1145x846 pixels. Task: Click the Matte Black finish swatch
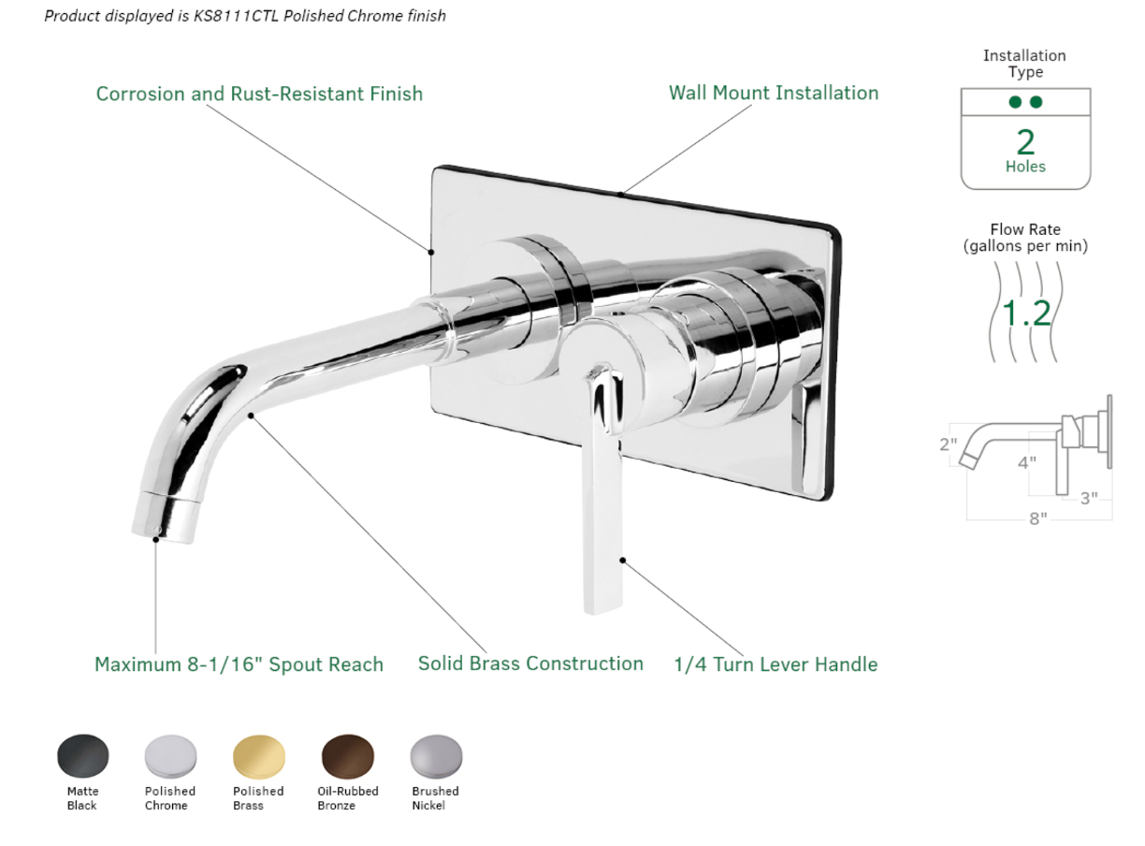click(82, 755)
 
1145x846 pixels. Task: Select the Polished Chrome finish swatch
click(170, 755)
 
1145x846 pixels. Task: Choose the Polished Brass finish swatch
click(258, 755)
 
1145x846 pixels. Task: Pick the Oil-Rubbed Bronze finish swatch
click(347, 755)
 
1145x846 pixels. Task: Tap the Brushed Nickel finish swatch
click(436, 755)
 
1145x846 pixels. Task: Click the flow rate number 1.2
click(1025, 313)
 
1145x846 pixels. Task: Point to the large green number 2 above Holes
click(1025, 142)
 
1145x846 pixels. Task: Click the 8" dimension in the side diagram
click(1037, 518)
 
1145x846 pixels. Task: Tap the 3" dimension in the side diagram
click(1089, 499)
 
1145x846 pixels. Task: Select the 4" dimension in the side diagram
click(1027, 462)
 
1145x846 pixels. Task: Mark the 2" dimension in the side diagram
click(948, 445)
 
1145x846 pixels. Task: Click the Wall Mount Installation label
click(774, 93)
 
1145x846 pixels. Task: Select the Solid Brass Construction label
click(530, 664)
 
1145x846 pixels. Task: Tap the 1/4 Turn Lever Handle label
click(775, 664)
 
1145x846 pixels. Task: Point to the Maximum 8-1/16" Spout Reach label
click(239, 664)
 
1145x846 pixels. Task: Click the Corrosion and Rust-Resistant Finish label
click(259, 94)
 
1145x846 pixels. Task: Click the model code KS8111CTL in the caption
click(236, 16)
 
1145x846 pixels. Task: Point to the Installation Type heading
click(1024, 64)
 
